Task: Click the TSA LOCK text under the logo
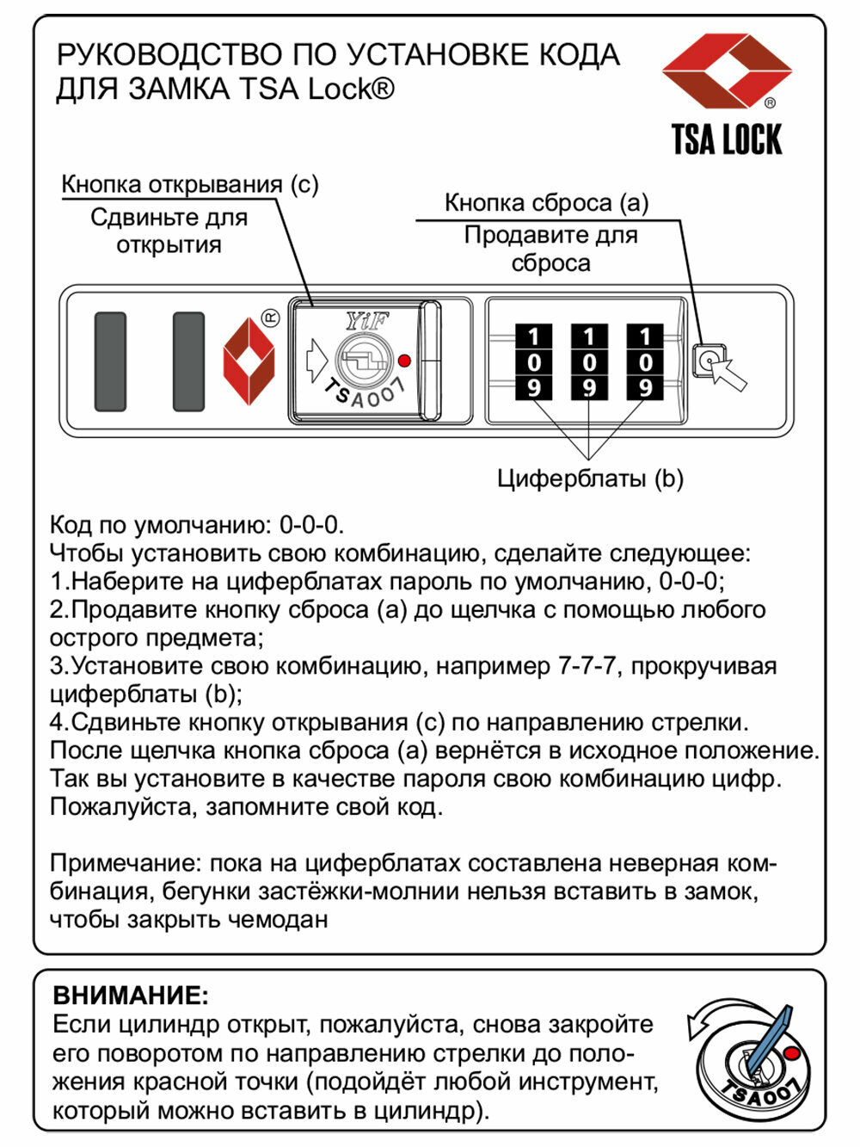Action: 727,139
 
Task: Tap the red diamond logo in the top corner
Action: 727,71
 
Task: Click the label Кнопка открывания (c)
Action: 190,184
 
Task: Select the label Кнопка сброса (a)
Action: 546,203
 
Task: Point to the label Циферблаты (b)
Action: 590,478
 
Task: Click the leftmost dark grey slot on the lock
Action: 110,361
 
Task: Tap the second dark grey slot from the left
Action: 188,361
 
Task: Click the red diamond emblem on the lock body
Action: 249,361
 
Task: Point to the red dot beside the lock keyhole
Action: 405,361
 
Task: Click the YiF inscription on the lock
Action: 367,322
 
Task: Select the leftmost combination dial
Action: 534,362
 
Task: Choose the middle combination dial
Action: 589,362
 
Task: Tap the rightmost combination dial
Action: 645,362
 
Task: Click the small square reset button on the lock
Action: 708,361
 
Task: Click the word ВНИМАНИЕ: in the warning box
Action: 131,996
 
